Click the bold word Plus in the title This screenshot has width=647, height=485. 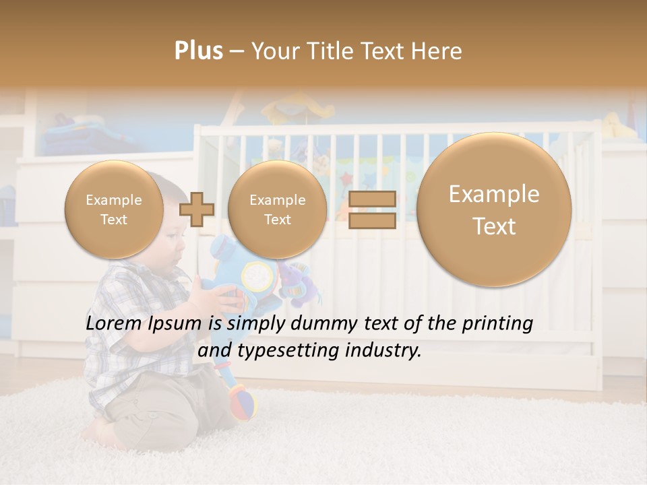pyautogui.click(x=198, y=51)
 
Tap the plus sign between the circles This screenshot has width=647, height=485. pyautogui.click(x=197, y=209)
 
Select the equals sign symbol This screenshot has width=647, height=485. pyautogui.click(x=372, y=209)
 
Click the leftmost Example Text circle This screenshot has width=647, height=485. pyautogui.click(x=114, y=209)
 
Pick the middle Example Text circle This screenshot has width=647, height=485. pyautogui.click(x=277, y=209)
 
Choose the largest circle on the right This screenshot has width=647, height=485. pyautogui.click(x=494, y=209)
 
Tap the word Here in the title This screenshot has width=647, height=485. pyautogui.click(x=439, y=51)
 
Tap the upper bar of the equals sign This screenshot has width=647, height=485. pyautogui.click(x=372, y=199)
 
